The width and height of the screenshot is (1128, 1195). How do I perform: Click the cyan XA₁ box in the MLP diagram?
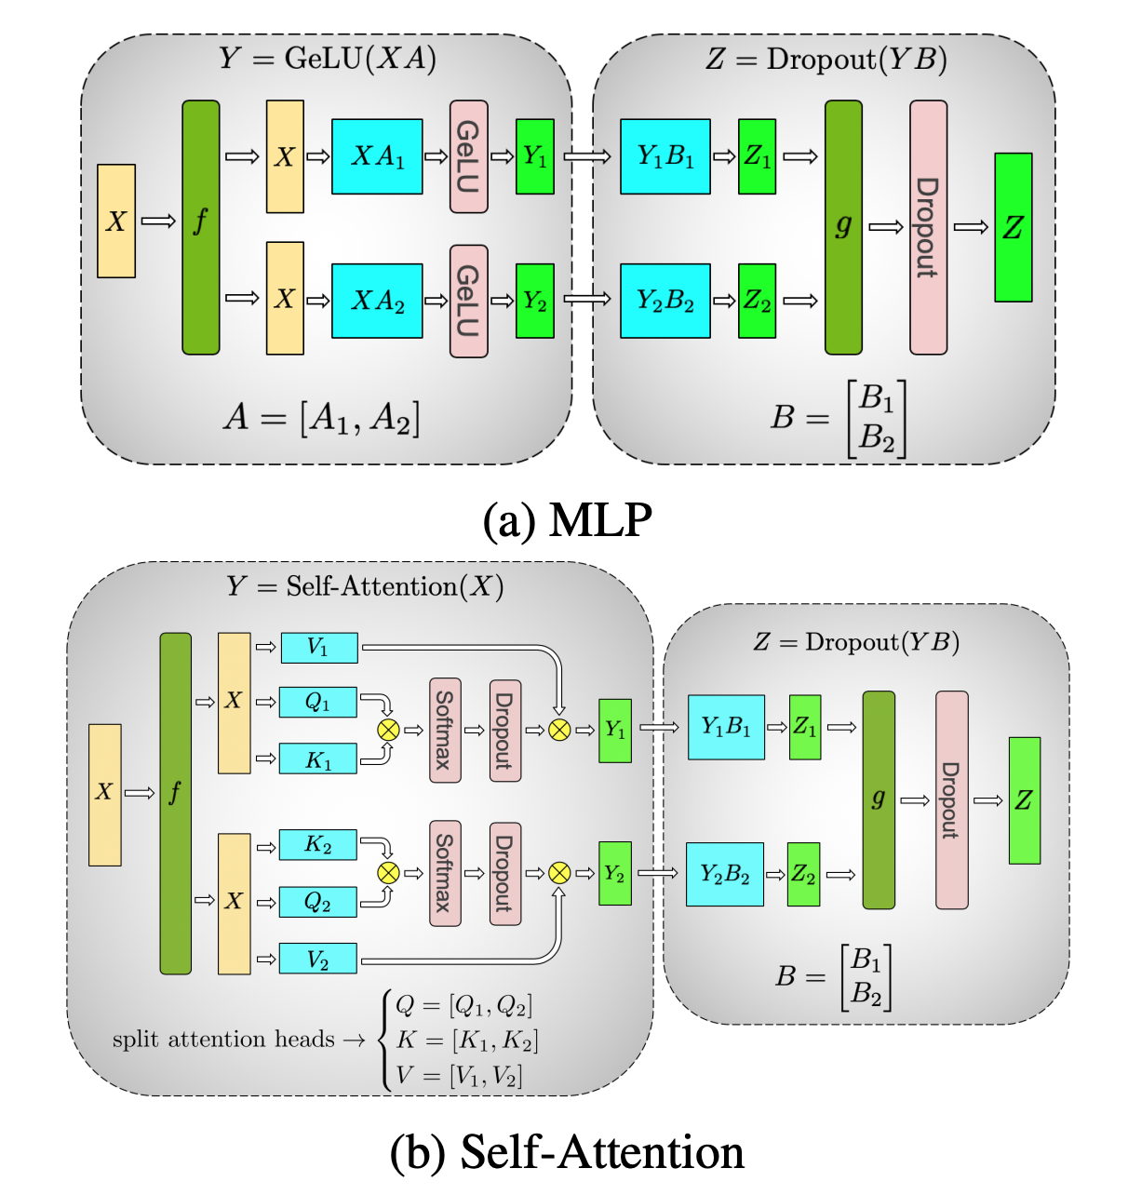click(377, 156)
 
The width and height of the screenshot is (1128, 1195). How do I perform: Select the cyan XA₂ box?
click(377, 301)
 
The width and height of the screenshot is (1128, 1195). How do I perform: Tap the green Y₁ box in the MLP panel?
click(534, 156)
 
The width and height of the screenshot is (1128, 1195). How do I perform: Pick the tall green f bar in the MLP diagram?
click(201, 227)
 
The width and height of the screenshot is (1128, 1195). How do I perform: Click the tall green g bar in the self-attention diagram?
click(879, 799)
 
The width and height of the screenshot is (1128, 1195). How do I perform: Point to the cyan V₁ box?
click(319, 648)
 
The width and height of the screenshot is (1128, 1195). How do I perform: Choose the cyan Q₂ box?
click(317, 901)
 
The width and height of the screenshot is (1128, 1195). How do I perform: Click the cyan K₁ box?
click(317, 759)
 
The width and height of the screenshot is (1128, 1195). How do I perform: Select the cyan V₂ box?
click(317, 958)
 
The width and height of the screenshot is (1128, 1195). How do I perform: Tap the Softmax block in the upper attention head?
click(446, 731)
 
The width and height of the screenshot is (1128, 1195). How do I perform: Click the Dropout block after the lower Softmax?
click(505, 873)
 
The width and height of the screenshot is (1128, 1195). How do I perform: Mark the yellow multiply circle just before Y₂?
click(559, 873)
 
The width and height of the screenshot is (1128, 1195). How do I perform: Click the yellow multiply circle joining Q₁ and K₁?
click(388, 730)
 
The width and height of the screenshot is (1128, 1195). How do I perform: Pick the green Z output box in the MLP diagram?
click(1014, 227)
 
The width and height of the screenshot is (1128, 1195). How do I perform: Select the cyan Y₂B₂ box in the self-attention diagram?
click(725, 874)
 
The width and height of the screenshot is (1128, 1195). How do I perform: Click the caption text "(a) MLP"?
click(568, 519)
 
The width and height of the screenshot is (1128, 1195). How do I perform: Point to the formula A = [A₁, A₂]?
click(322, 418)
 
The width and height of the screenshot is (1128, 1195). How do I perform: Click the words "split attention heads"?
click(223, 1040)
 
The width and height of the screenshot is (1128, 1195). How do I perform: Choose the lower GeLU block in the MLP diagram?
click(469, 301)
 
